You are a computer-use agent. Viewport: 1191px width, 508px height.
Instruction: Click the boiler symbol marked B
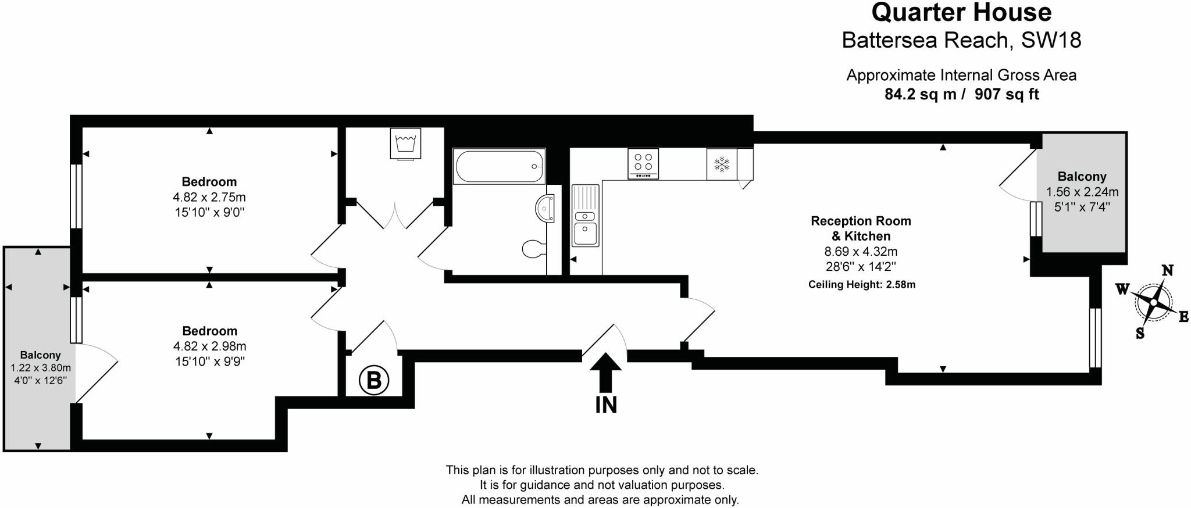tap(373, 380)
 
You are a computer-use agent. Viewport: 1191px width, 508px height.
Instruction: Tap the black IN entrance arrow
tap(605, 372)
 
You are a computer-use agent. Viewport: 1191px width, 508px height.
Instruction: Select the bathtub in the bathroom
tap(500, 166)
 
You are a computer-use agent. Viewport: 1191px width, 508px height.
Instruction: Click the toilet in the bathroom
tap(534, 249)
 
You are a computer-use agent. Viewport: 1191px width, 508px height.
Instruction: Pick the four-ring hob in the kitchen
tap(643, 163)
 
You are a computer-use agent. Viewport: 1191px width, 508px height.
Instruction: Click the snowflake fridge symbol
tap(722, 164)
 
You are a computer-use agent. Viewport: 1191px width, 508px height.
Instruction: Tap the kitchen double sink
tap(585, 216)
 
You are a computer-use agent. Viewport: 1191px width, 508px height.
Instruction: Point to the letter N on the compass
tap(1167, 271)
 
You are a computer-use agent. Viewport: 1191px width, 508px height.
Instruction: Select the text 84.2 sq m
tap(920, 94)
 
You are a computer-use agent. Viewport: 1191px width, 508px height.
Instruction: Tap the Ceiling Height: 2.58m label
tap(862, 285)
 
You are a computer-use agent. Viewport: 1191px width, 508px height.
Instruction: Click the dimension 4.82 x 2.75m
tap(209, 197)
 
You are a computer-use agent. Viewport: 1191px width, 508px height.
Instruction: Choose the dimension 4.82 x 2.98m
tap(209, 346)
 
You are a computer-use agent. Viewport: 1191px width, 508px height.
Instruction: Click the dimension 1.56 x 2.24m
tap(1082, 192)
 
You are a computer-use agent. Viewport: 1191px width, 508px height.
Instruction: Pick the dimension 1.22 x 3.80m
tap(41, 368)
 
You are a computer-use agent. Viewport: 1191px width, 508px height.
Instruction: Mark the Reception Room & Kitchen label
tap(861, 228)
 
